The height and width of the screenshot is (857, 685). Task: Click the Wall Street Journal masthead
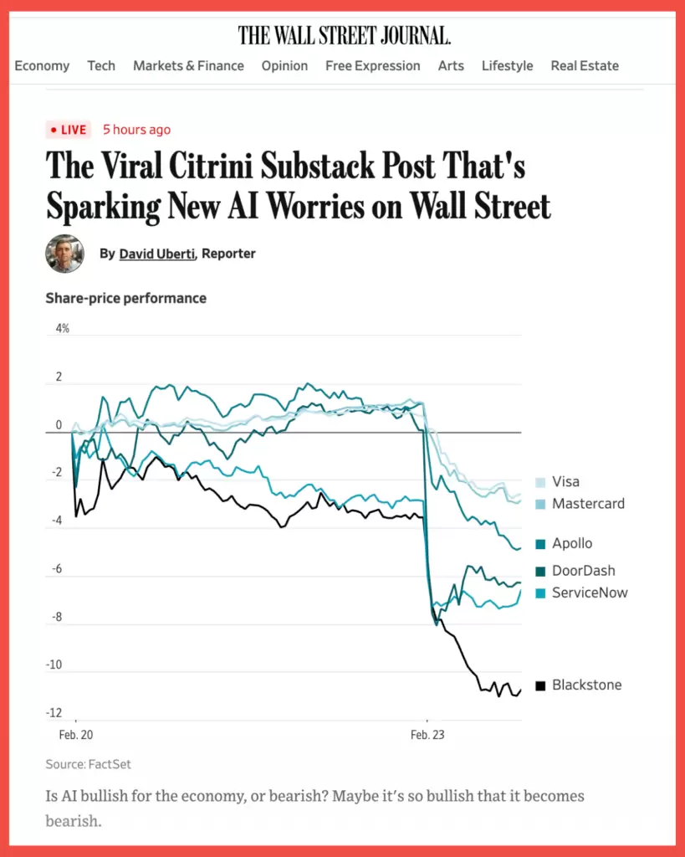(344, 36)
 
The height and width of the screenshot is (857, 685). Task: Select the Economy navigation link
(42, 66)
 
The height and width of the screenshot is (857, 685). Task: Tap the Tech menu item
(101, 66)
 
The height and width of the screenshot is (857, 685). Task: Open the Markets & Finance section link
(188, 66)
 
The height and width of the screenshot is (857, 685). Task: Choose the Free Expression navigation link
(373, 66)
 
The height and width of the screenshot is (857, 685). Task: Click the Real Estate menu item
(585, 66)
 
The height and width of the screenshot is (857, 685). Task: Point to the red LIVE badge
(68, 130)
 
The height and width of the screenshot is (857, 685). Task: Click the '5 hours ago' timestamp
(136, 130)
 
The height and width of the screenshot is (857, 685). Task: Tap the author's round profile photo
(64, 254)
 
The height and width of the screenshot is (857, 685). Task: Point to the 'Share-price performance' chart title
(125, 298)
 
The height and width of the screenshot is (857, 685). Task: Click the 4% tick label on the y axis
(63, 329)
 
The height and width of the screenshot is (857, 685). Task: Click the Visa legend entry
(565, 482)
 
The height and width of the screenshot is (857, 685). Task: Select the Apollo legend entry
(572, 544)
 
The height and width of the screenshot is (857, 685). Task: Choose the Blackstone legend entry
(586, 685)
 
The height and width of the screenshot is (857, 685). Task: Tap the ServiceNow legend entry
(590, 593)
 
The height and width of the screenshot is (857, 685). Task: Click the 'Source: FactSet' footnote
(89, 764)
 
